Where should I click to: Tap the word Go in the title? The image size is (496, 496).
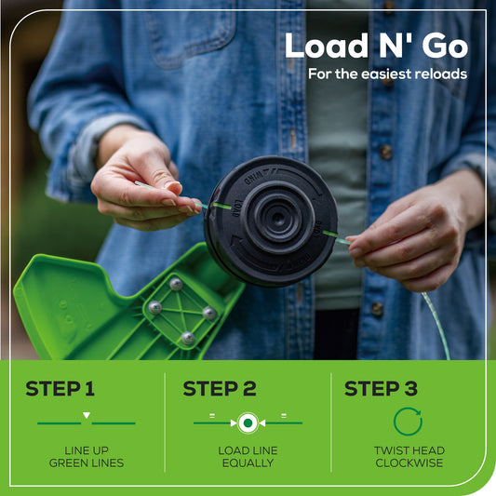coord(445,47)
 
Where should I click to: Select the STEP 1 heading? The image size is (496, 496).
coord(60,388)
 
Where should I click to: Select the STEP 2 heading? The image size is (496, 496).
coord(220,388)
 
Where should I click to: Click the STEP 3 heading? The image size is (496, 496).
coord(381,388)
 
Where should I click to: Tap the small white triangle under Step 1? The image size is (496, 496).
coord(87,415)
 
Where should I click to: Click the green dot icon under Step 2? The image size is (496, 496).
coord(248,422)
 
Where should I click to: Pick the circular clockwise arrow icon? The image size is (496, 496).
coord(408,422)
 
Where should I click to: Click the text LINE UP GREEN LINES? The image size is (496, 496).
coord(87,457)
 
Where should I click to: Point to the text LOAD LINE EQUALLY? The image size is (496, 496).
coord(248,457)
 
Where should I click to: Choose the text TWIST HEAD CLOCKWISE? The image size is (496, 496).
coord(409,457)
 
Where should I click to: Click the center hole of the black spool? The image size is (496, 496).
coord(278,218)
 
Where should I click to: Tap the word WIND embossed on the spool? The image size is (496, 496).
coord(254,178)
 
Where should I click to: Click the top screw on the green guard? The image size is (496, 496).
coord(176,284)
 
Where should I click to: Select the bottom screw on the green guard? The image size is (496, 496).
coord(188,338)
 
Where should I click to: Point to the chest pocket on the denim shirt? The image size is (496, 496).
coord(194,34)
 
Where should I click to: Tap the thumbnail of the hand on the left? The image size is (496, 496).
coord(174,187)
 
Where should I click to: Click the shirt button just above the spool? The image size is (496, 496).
coord(385,152)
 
